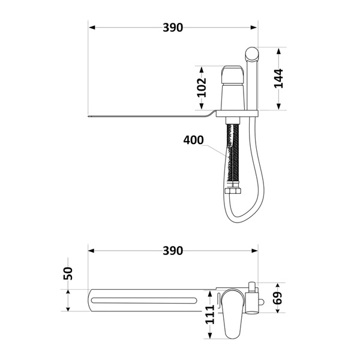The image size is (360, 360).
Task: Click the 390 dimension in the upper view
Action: coord(173,28)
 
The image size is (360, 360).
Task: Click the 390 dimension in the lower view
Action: coord(173,251)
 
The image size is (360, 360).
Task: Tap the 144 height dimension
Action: coord(278,78)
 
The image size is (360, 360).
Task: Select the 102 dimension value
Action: coord(202,88)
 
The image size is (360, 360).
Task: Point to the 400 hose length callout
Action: coord(193,140)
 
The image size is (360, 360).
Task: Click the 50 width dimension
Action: coord(68,274)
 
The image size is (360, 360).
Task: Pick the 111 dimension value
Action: coord(209,314)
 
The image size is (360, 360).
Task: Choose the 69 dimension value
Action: coord(278,298)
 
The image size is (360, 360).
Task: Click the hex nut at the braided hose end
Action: coord(233,191)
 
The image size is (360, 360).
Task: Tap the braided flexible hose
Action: coord(233,156)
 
